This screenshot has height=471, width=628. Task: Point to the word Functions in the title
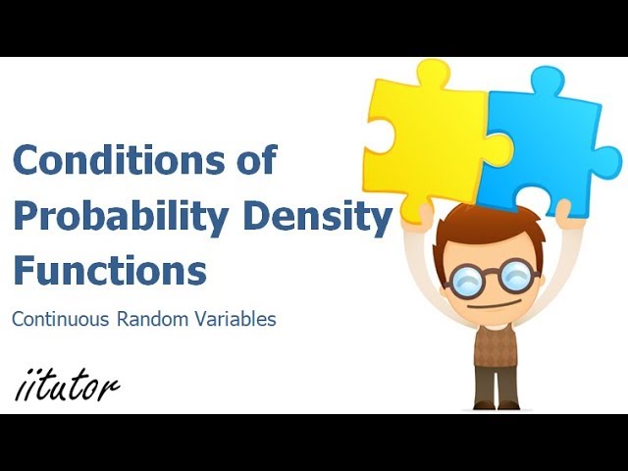pyautogui.click(x=109, y=269)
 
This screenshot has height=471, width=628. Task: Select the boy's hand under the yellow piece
pyautogui.click(x=425, y=210)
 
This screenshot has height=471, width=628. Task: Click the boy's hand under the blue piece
pyautogui.click(x=562, y=209)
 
